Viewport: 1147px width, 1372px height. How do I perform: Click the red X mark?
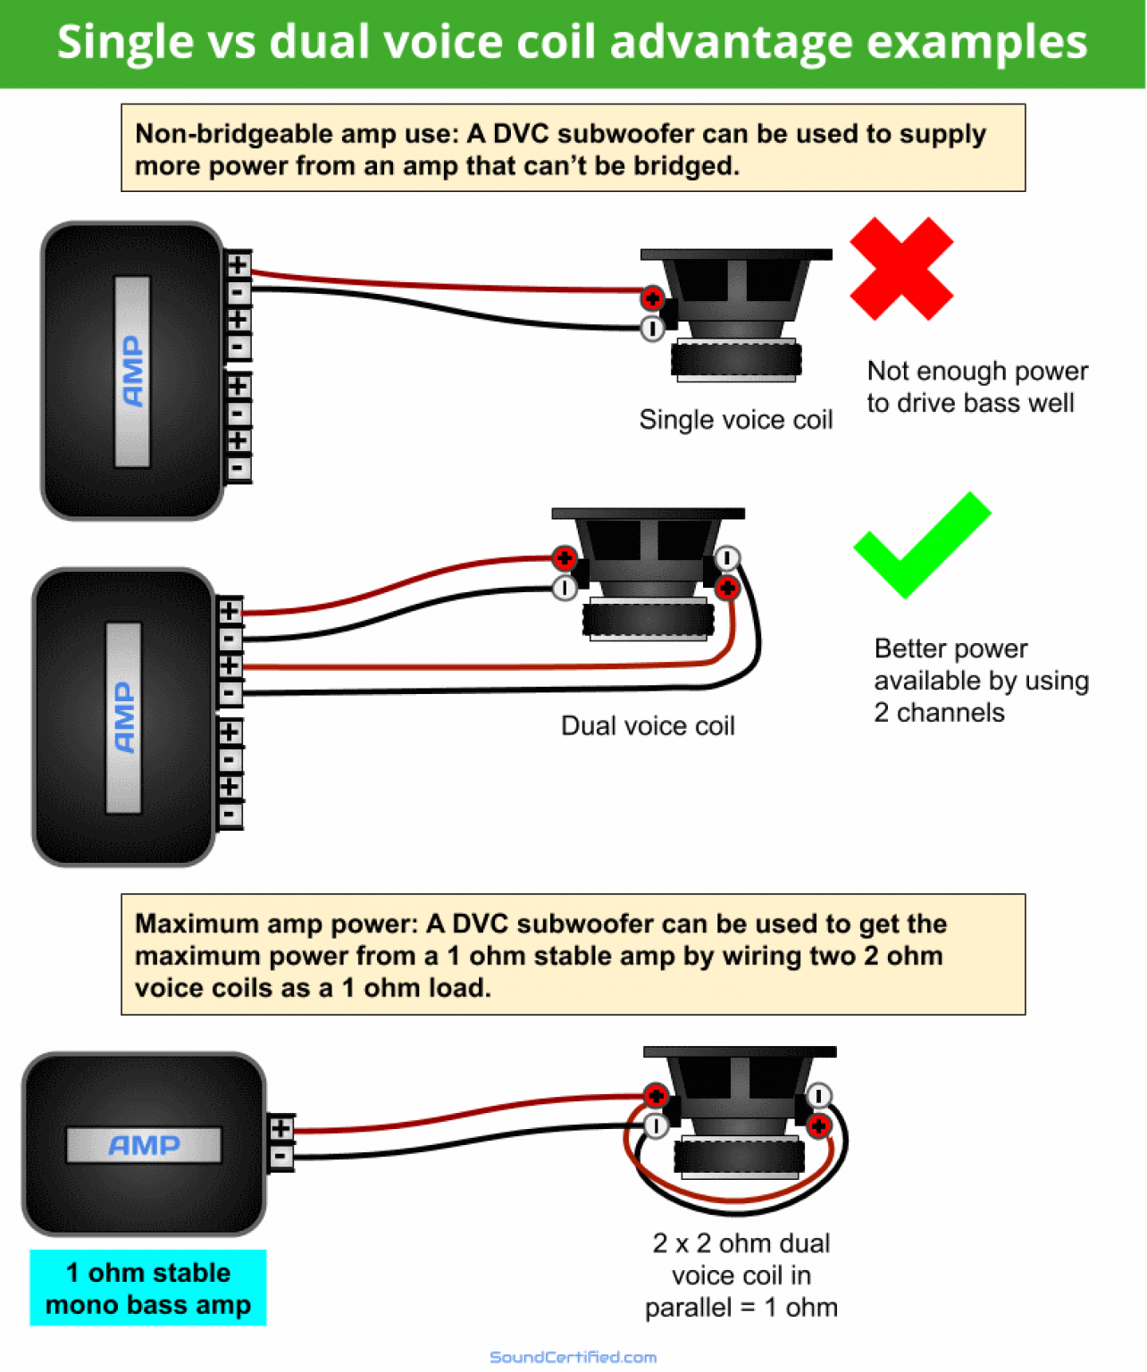click(x=900, y=268)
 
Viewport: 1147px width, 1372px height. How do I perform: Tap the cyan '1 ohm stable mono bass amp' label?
click(x=148, y=1288)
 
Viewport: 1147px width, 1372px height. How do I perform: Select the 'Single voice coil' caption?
click(x=735, y=420)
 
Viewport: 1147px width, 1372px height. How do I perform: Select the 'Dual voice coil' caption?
click(x=648, y=725)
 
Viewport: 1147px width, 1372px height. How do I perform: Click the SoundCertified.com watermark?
click(x=573, y=1357)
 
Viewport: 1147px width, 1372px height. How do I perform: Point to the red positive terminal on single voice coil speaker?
click(x=652, y=298)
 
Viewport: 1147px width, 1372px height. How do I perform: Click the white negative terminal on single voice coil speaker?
click(x=652, y=329)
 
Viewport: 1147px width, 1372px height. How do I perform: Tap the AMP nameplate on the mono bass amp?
click(x=144, y=1145)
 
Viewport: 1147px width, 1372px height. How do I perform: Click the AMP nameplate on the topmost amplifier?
click(x=132, y=371)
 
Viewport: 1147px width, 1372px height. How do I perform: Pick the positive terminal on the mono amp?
click(x=280, y=1129)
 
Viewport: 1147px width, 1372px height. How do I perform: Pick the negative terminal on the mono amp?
click(x=280, y=1158)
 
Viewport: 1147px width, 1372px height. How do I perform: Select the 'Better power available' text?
click(x=981, y=680)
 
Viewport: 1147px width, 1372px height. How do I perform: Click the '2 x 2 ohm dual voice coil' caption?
click(x=741, y=1275)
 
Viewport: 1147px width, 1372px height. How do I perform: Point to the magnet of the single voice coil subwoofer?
click(x=736, y=360)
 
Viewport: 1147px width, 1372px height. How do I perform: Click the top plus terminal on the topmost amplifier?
click(x=238, y=265)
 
